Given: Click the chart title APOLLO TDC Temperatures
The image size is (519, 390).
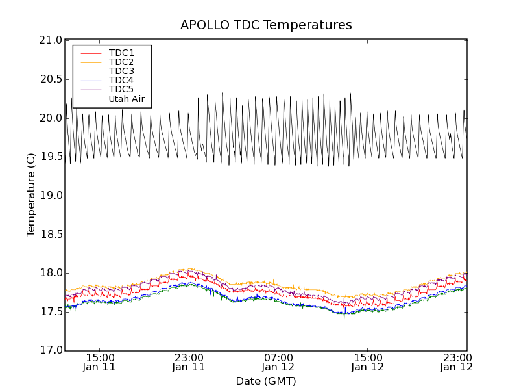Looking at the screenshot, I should [x=266, y=25].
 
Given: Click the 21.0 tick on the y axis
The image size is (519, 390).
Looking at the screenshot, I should [x=51, y=40].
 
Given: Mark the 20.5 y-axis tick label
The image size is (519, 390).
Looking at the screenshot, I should [x=51, y=79].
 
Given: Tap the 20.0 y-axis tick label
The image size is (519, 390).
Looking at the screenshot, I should [x=51, y=118].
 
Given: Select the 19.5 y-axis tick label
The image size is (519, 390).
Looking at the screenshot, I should [x=51, y=157].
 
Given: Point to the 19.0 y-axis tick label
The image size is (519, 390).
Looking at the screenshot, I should [x=51, y=196].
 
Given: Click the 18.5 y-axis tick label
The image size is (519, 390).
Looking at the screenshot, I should [x=51, y=235].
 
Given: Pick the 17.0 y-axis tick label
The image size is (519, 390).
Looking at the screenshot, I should [x=51, y=351].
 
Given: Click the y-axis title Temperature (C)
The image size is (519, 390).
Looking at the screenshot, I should [x=31, y=195].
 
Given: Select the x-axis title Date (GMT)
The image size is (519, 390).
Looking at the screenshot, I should [x=266, y=381].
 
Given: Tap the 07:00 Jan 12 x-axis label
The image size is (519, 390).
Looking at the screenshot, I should [x=278, y=362].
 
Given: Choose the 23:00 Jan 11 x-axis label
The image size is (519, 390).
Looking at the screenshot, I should [x=189, y=362].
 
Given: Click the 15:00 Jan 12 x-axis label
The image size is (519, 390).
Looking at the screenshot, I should [x=368, y=362].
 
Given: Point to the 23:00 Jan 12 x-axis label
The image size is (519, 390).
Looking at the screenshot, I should [x=457, y=362].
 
